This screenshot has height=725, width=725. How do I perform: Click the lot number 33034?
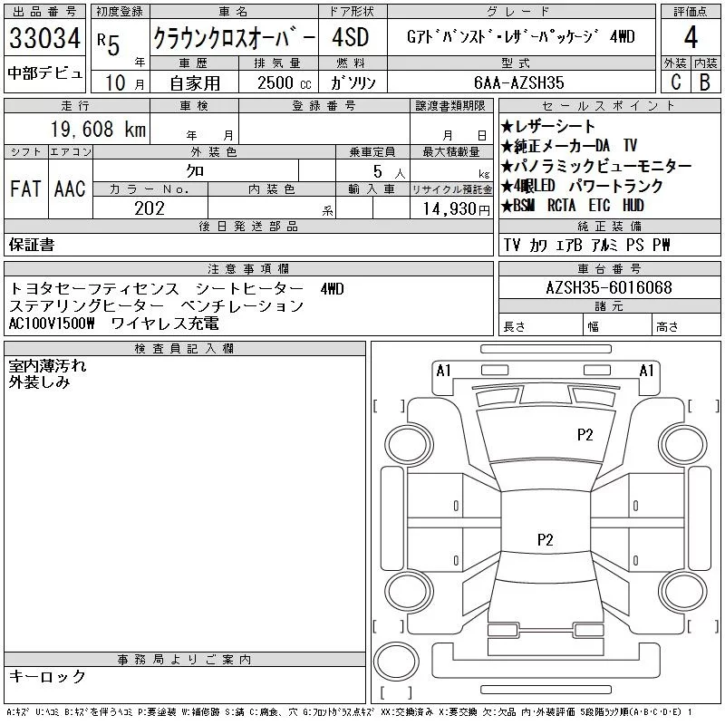(44, 39)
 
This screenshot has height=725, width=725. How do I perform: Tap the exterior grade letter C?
(675, 82)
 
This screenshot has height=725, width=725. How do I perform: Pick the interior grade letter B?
(704, 82)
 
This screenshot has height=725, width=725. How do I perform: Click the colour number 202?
(150, 208)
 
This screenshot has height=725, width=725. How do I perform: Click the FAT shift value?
(26, 188)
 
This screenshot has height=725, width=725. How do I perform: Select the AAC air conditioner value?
(70, 188)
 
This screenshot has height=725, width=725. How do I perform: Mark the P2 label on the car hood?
(585, 434)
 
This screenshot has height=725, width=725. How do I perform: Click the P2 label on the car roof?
(546, 539)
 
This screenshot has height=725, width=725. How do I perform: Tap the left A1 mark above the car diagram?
(443, 370)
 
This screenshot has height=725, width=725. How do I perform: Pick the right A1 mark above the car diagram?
(647, 370)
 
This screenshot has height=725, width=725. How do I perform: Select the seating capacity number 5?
(376, 169)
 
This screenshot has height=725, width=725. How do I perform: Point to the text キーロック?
(47, 676)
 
